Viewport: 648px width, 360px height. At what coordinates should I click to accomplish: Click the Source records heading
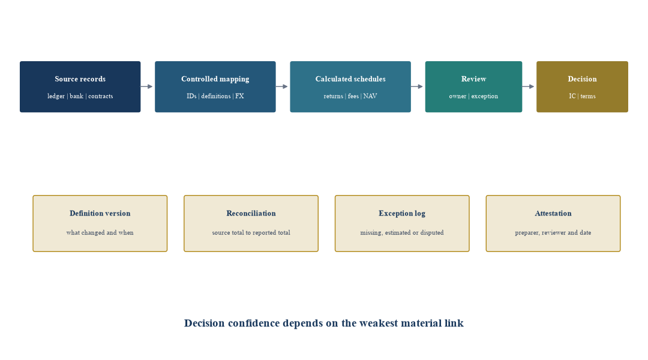[x=80, y=79]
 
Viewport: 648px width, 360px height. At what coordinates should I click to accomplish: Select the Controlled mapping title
[x=215, y=79]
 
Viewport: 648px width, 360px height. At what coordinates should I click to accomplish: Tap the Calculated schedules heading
[x=350, y=79]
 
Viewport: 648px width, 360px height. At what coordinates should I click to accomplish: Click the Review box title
[x=473, y=79]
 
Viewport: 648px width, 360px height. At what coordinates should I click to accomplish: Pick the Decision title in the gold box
[x=582, y=79]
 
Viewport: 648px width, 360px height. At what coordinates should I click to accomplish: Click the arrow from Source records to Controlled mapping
[x=147, y=87]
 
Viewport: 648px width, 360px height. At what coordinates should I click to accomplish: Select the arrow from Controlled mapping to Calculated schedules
[x=282, y=87]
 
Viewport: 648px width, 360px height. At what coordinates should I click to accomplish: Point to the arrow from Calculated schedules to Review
[x=417, y=87]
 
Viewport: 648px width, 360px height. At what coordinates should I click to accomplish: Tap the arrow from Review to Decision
[x=528, y=87]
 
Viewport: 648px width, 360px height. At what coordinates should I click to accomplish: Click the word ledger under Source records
[x=56, y=97]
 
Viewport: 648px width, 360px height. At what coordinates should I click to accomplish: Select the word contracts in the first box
[x=100, y=97]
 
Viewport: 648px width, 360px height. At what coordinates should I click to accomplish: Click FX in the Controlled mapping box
[x=239, y=96]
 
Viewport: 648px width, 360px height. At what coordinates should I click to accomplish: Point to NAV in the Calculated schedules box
[x=370, y=96]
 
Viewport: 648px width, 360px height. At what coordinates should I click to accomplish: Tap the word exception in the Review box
[x=485, y=97]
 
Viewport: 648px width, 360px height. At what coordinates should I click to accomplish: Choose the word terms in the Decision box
[x=588, y=97]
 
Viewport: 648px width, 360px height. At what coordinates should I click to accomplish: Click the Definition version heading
[x=100, y=213]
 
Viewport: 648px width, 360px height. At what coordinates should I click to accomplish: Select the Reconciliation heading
[x=251, y=213]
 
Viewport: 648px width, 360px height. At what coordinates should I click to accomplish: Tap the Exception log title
[x=402, y=214]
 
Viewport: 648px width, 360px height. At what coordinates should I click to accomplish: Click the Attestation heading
[x=553, y=213]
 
